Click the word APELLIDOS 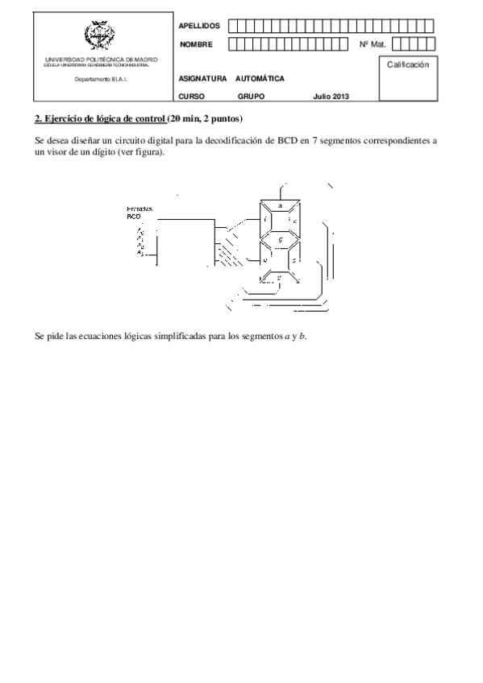(199, 26)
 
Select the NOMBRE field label (196, 44)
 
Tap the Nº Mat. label (373, 44)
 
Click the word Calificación (407, 64)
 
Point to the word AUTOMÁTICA (260, 79)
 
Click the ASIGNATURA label (202, 79)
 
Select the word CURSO (192, 96)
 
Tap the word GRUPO (251, 96)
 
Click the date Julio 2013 (331, 96)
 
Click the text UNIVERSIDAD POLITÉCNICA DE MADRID (101, 60)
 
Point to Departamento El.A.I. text (101, 79)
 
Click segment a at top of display (279, 206)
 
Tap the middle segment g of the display (279, 240)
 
